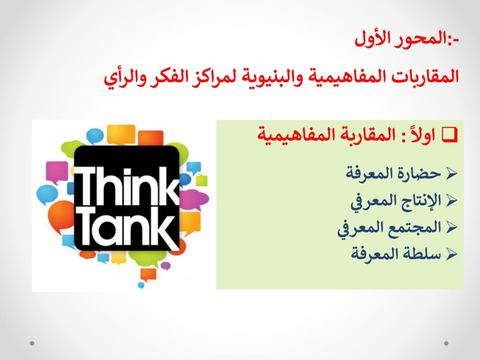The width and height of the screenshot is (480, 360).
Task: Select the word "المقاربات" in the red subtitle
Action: click(x=424, y=76)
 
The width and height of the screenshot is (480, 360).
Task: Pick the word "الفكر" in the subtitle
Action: click(x=167, y=76)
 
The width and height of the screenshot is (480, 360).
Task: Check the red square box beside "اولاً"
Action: click(x=450, y=135)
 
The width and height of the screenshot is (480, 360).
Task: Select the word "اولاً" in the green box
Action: click(x=423, y=135)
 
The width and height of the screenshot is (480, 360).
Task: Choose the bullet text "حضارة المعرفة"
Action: click(x=394, y=173)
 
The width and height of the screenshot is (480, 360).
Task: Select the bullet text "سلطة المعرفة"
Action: click(x=396, y=254)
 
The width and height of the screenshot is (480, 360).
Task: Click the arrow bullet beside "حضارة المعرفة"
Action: click(x=451, y=173)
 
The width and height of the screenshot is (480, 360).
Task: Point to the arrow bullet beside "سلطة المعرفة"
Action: click(x=451, y=254)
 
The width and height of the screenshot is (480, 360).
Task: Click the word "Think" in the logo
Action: click(x=127, y=187)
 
